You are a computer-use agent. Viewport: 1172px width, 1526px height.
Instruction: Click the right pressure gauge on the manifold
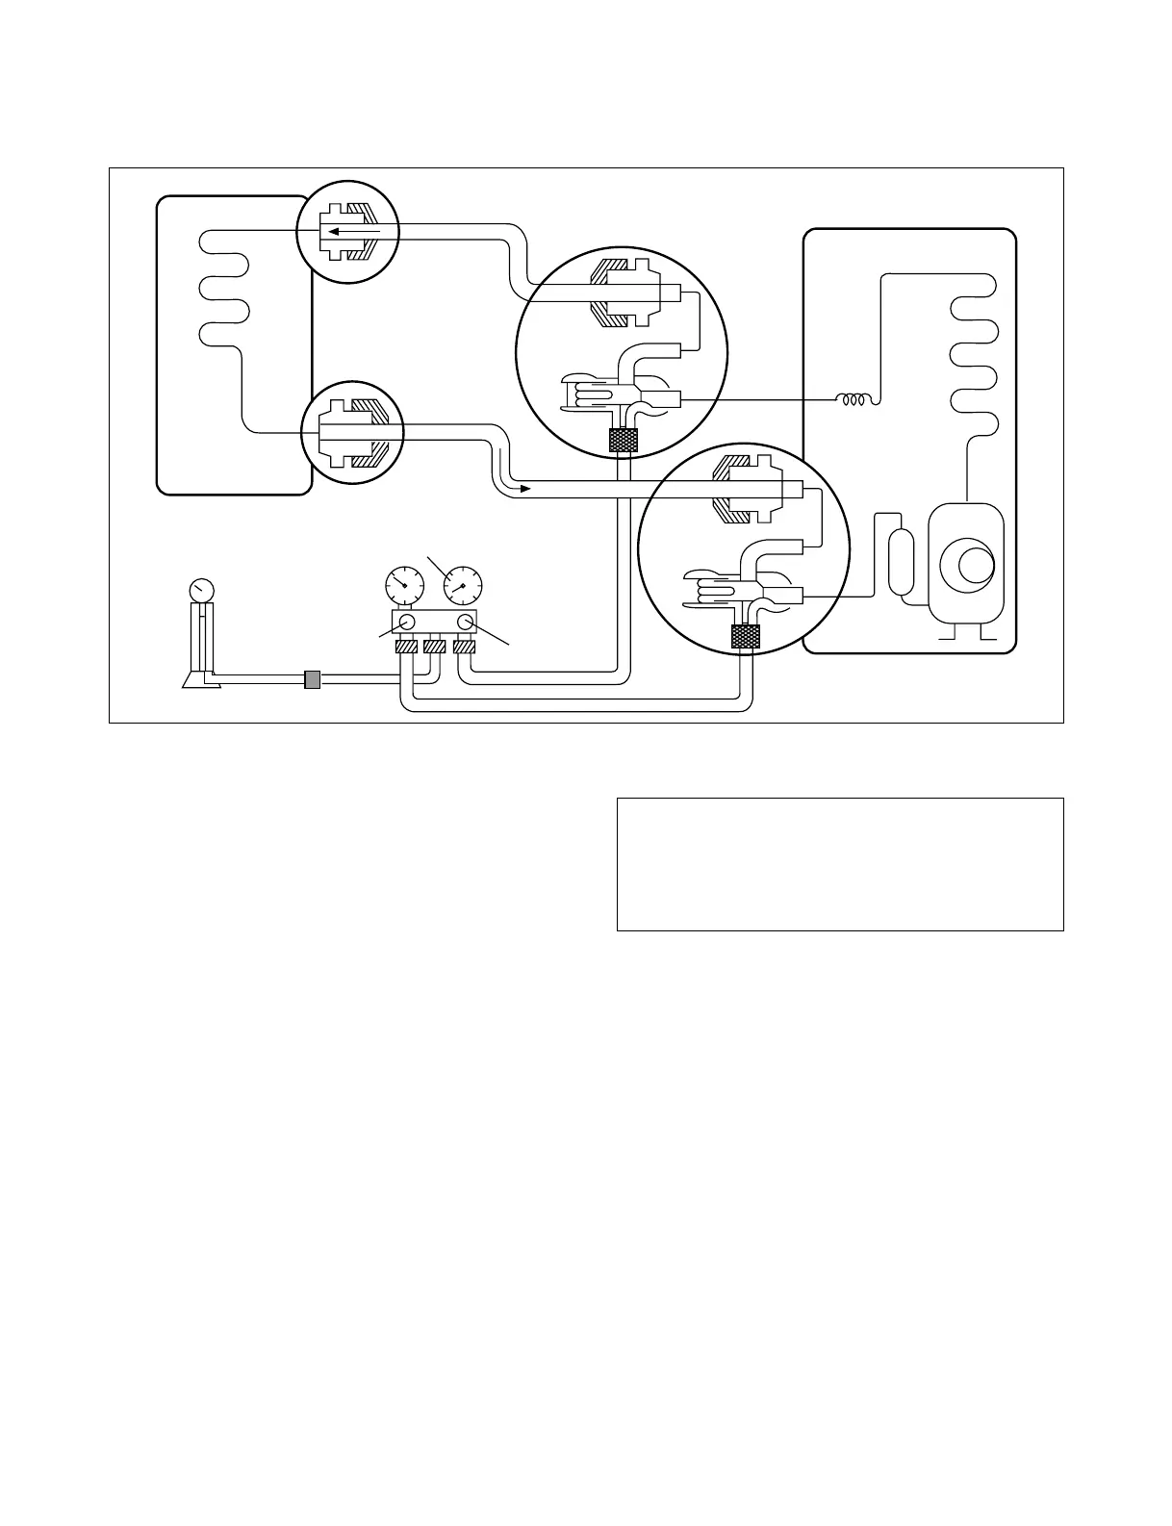[x=463, y=584]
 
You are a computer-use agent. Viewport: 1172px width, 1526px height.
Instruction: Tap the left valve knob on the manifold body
[x=407, y=622]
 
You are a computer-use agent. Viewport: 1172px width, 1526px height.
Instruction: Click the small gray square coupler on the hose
[x=312, y=679]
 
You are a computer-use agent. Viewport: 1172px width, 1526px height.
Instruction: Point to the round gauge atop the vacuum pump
[x=202, y=589]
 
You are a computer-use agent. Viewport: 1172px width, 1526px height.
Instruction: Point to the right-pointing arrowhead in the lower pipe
[x=524, y=489]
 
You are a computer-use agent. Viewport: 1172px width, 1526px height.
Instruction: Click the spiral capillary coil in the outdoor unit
[x=854, y=399]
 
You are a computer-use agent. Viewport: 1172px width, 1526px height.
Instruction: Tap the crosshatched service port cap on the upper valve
[x=624, y=441]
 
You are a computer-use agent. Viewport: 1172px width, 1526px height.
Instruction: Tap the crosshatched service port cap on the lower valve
[x=746, y=636]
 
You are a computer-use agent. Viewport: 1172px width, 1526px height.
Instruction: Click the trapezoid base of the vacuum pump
[x=202, y=680]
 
